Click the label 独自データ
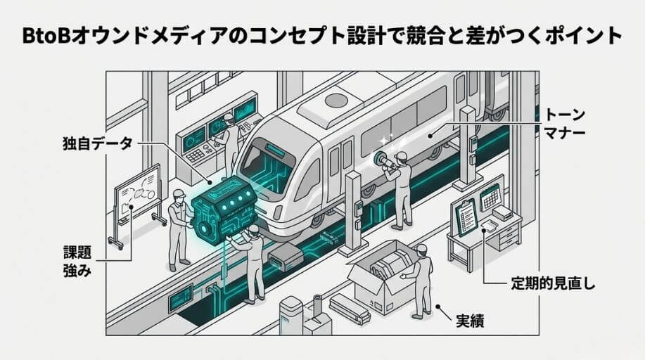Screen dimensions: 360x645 coord(97,145)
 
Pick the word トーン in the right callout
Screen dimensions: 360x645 coord(566,113)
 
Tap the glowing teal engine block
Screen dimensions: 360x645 coord(219,210)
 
